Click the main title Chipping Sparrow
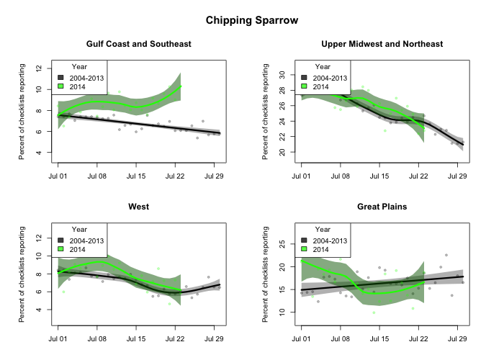pos(252,20)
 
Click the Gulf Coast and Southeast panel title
pos(139,44)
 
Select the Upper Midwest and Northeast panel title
pos(382,44)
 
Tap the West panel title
pos(139,207)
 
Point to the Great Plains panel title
pos(382,207)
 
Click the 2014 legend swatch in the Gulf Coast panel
pos(62,86)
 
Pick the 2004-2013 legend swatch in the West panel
pos(62,240)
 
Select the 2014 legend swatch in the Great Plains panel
pos(305,249)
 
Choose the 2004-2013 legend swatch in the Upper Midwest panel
pos(305,77)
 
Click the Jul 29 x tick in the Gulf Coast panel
pos(214,176)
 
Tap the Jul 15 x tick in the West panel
pos(136,338)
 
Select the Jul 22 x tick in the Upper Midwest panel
pos(418,176)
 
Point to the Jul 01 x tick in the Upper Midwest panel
pos(301,176)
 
